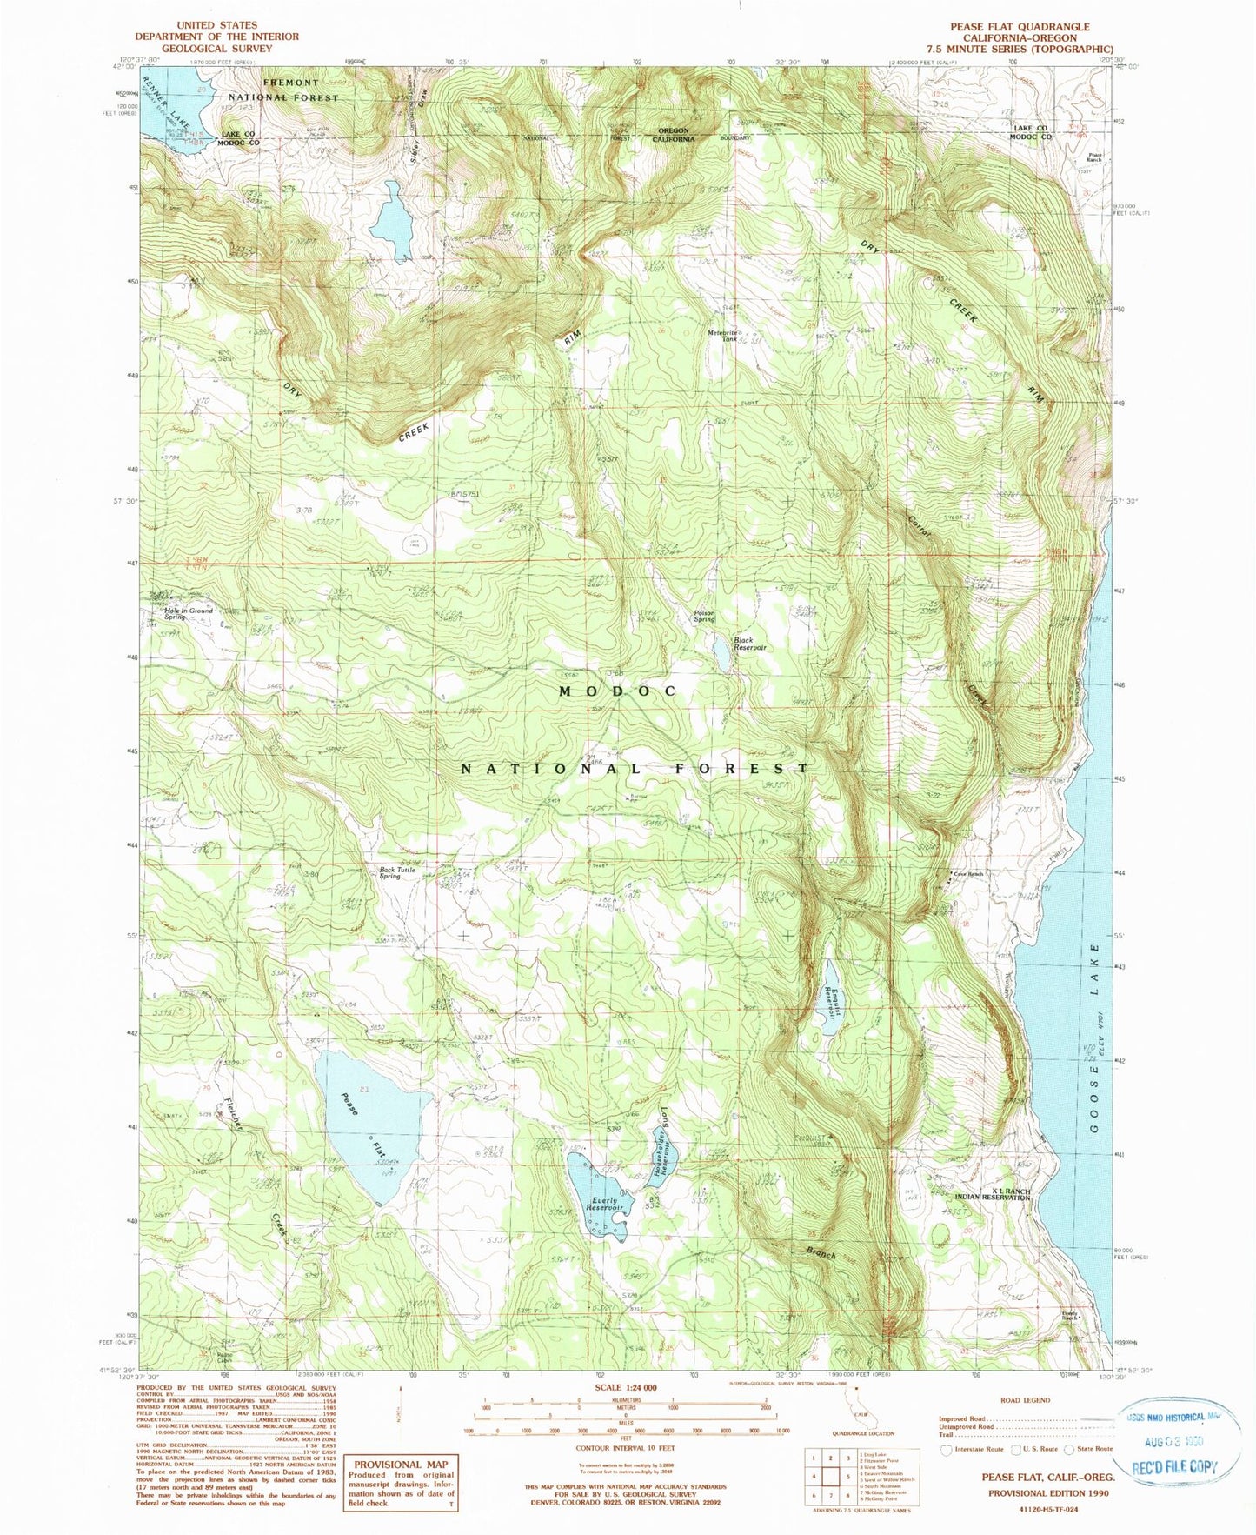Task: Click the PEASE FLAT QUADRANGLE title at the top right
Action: tap(1019, 27)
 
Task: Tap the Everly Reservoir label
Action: tap(603, 1205)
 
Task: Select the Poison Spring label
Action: tap(704, 616)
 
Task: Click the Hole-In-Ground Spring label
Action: tap(188, 613)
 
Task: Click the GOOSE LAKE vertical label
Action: tap(1097, 1044)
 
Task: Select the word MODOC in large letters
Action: tap(617, 691)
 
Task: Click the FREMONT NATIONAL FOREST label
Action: tap(282, 90)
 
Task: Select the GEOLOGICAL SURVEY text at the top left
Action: tap(217, 49)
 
